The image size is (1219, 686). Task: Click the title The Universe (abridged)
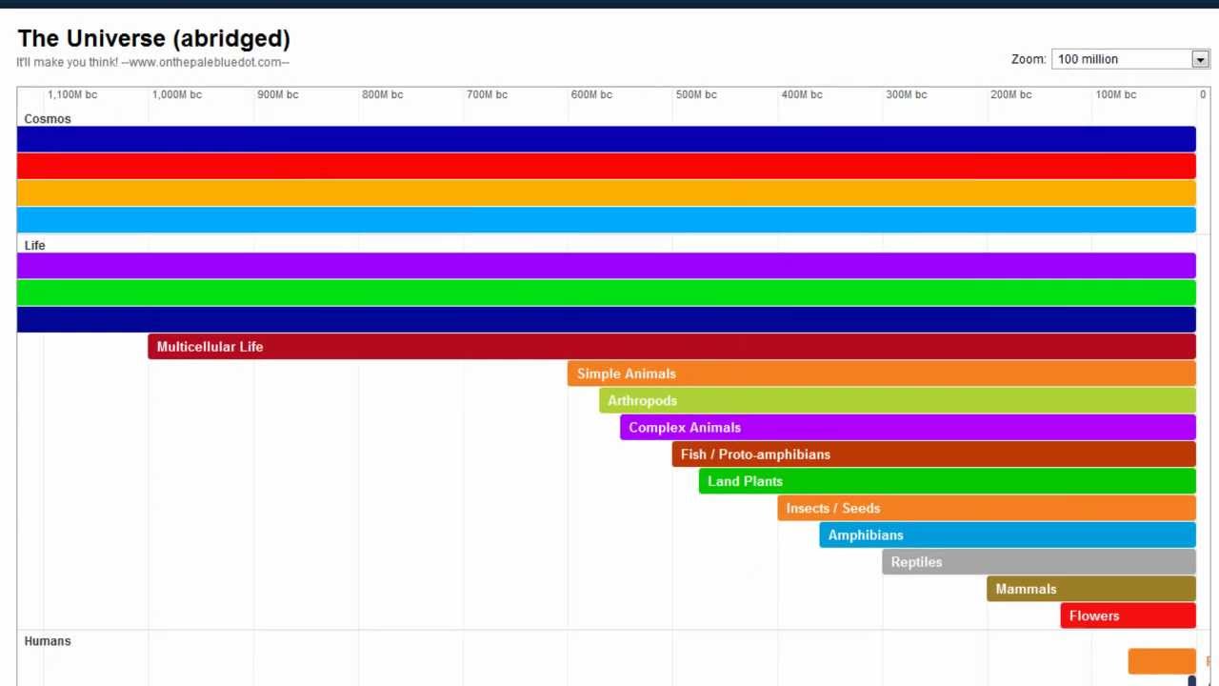click(x=153, y=39)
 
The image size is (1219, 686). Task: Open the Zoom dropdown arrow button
click(x=1200, y=59)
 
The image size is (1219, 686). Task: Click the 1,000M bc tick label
click(x=177, y=94)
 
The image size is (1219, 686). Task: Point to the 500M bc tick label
click(x=696, y=94)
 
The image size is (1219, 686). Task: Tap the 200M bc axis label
click(x=1010, y=94)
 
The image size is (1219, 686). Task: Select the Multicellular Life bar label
click(x=210, y=347)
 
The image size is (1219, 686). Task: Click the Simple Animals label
click(x=626, y=373)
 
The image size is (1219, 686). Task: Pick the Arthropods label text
click(x=642, y=400)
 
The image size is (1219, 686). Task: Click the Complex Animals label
click(x=684, y=428)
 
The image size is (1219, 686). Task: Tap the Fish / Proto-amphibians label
click(x=755, y=454)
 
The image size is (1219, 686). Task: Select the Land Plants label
click(x=745, y=481)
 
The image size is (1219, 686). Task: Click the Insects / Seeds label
click(x=832, y=508)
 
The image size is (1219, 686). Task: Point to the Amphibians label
click(x=865, y=535)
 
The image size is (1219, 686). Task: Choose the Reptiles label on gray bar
click(x=916, y=562)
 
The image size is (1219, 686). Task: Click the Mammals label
click(x=1026, y=589)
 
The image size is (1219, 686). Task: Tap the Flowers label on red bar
click(x=1093, y=615)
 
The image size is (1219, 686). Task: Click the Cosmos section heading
click(x=48, y=119)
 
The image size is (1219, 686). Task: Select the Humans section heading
click(x=48, y=641)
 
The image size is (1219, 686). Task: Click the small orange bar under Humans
click(x=1161, y=661)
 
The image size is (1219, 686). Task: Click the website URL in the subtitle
click(x=205, y=63)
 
